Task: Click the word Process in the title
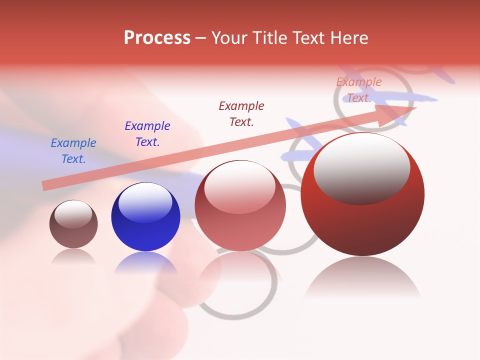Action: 157,38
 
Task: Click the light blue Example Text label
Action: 73,151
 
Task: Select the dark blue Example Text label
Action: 147,134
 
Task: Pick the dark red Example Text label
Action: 241,114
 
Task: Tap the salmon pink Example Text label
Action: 359,90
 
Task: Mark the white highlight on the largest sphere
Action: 362,167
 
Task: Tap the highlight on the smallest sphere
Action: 73,214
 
